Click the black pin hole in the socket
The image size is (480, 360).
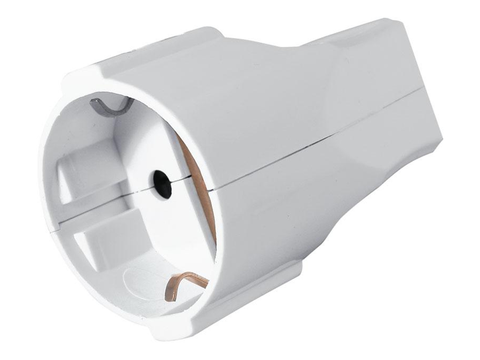click(x=163, y=184)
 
